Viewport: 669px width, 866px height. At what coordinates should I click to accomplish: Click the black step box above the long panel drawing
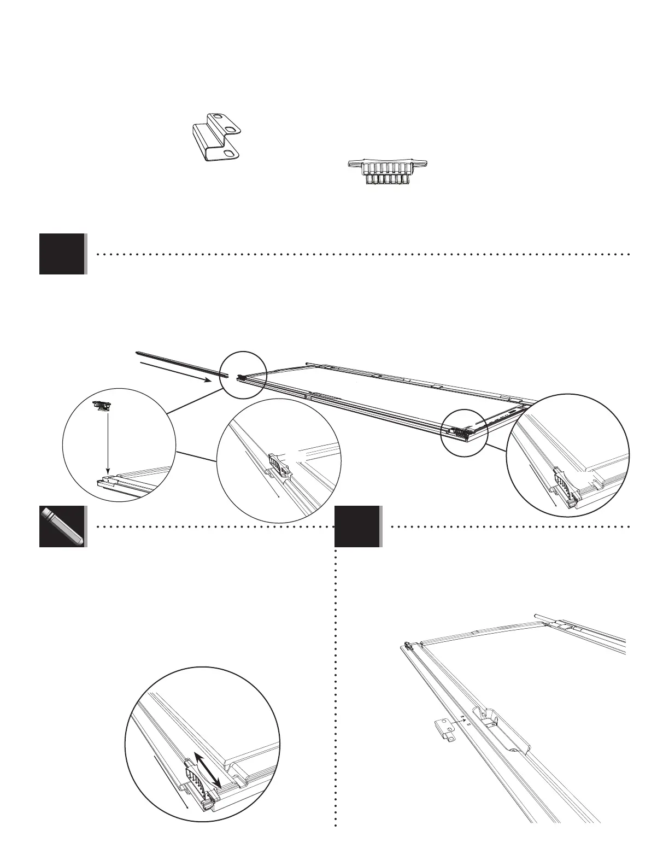point(62,254)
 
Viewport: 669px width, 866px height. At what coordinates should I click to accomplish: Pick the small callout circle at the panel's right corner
point(463,432)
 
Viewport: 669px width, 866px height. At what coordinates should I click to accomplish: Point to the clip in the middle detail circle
point(278,465)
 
